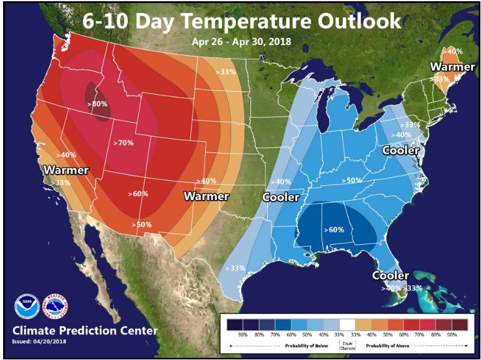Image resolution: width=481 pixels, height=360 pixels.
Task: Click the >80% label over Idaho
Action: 98,104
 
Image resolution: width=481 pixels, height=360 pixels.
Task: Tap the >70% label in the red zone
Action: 123,143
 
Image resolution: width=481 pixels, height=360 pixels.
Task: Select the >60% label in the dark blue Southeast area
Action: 333,229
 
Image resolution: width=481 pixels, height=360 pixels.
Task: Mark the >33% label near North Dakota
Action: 227,72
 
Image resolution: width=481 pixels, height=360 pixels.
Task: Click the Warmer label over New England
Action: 452,66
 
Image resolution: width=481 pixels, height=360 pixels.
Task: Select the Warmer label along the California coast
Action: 66,170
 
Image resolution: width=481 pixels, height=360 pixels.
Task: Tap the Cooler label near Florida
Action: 391,275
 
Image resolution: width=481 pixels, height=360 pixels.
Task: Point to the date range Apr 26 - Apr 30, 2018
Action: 241,42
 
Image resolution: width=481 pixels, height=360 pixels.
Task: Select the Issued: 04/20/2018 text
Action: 39,341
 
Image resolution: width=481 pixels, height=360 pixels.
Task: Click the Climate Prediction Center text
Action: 85,330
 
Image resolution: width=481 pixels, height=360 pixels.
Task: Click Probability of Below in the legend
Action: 299,345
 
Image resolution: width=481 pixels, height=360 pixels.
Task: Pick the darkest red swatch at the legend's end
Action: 459,324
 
